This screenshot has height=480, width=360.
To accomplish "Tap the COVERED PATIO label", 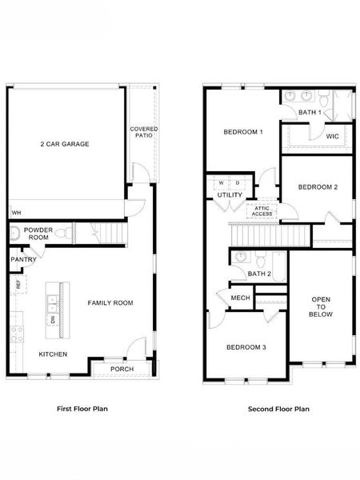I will (x=144, y=132).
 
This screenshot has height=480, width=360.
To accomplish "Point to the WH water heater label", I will (x=15, y=213).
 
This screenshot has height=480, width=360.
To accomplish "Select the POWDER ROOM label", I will (x=38, y=234).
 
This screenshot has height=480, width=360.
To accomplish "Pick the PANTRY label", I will (x=23, y=260).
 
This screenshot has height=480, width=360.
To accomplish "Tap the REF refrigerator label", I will (x=17, y=285).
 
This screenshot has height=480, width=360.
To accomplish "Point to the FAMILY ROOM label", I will (x=110, y=303).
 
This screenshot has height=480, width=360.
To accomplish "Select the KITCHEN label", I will (x=53, y=354).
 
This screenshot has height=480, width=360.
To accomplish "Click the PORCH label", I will (x=122, y=369).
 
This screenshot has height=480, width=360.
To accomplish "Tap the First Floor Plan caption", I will (x=82, y=409).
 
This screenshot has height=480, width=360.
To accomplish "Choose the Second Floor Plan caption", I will (x=278, y=409).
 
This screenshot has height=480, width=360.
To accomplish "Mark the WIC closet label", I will (x=333, y=137).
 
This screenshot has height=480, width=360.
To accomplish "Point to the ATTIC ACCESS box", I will (x=262, y=211).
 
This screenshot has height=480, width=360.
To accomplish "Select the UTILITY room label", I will (x=230, y=194).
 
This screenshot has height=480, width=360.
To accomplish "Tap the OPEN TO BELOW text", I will (x=320, y=306).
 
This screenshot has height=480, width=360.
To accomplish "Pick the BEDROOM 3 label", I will (x=246, y=347).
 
